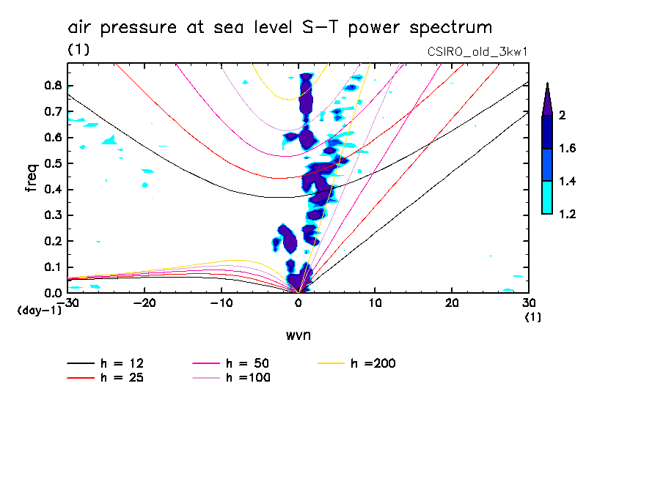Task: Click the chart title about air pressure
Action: pos(279,28)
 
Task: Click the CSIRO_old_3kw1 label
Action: pos(477,51)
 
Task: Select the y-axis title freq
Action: pos(32,177)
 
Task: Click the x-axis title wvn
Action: pos(298,335)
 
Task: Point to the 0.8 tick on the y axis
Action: pos(51,86)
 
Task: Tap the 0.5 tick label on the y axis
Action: pos(51,163)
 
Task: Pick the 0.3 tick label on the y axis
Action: pos(51,215)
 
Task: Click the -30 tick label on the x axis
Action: pos(69,302)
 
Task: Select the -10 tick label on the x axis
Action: pos(220,302)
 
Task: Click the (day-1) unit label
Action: pos(40,311)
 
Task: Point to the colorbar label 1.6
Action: pos(567,148)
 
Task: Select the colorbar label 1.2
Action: pos(567,214)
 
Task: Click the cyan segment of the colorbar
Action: pos(546,197)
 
